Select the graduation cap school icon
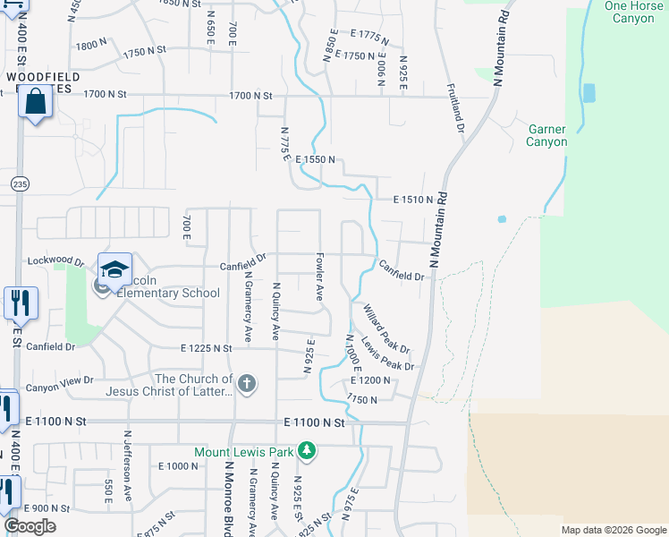point(114,269)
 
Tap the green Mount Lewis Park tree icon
point(307,450)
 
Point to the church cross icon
point(248,385)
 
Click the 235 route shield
point(19,183)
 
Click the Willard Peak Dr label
point(385,328)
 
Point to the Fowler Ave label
point(318,277)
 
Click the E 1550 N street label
point(316,159)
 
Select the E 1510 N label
point(412,200)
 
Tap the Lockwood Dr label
point(55,263)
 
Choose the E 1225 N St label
point(206,348)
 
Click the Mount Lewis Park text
point(245,452)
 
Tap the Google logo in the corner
point(30,526)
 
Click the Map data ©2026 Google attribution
point(613,530)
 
